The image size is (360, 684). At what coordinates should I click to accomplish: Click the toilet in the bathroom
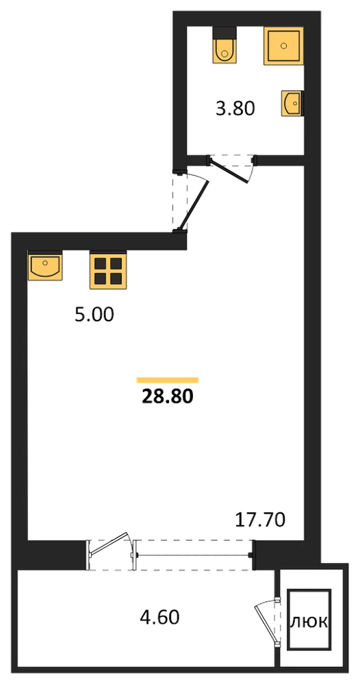point(224,45)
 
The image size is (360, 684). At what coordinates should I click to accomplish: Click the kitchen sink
point(45,265)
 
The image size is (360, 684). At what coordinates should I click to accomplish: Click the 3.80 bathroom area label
point(235,109)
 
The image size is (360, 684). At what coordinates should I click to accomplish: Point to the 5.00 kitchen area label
point(94,315)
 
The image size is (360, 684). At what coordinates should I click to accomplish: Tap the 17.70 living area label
point(261,520)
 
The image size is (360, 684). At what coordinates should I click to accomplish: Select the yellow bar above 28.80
point(168,380)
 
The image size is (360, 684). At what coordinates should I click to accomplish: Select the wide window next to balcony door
point(194,555)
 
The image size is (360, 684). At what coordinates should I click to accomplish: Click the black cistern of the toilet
point(224,33)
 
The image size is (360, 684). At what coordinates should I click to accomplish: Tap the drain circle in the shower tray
point(284,45)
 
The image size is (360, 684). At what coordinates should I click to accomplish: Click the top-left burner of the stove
point(101,263)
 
